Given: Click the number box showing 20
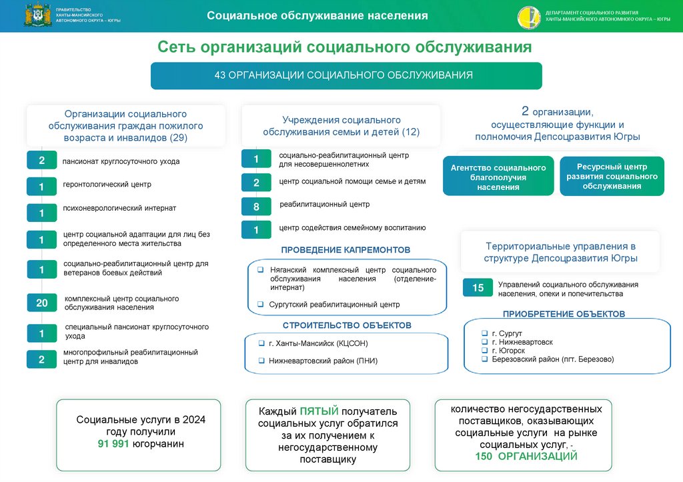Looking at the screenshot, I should [x=41, y=303].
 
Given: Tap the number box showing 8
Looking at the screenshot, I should [x=256, y=207].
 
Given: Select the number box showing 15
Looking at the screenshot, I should [x=478, y=288].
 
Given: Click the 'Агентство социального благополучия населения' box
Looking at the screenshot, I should [x=498, y=177].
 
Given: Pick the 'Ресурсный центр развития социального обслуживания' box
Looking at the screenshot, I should [x=612, y=177].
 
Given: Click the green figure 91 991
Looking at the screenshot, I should [x=113, y=443].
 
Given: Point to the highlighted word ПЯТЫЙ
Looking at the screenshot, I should [x=319, y=411].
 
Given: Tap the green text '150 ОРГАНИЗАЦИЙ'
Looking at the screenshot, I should [x=526, y=456].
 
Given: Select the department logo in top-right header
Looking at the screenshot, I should [x=529, y=17].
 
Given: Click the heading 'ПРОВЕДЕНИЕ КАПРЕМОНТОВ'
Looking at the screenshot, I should [x=346, y=250].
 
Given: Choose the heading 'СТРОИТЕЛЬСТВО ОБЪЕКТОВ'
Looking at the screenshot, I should [x=347, y=325].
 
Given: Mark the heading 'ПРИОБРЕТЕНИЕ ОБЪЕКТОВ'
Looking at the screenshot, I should [x=564, y=313].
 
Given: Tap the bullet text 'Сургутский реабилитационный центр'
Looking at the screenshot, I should [x=334, y=305].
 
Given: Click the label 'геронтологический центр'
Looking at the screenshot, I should [x=107, y=185].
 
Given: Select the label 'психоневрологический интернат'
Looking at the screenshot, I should [x=119, y=208].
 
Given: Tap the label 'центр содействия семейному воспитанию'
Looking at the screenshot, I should [x=352, y=228].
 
